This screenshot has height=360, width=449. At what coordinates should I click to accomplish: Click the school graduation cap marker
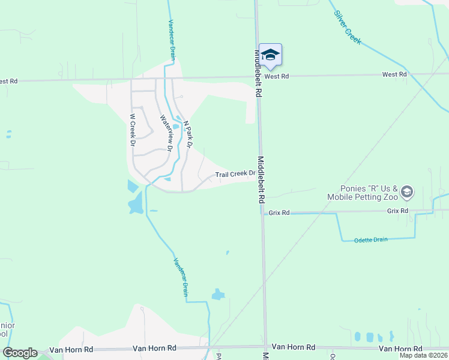(270, 55)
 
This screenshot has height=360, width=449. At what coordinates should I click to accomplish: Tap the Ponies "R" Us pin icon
(408, 192)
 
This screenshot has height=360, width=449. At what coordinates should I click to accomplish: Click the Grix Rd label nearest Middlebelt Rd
(279, 212)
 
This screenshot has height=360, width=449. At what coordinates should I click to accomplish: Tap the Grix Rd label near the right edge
(397, 211)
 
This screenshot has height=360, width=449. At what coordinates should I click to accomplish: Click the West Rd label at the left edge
(8, 81)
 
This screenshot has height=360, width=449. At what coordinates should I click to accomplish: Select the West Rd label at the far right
(394, 74)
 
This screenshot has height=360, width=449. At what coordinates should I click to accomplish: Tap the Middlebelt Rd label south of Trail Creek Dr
(263, 176)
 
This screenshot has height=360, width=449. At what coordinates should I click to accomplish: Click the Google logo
(19, 353)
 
